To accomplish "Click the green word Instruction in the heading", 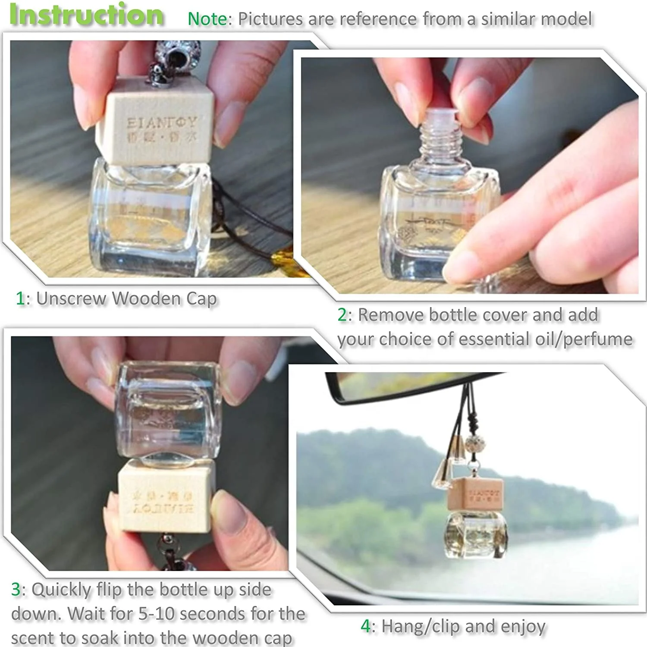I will tap(86, 15).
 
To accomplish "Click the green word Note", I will tap(207, 19).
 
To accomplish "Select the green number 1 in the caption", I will tap(20, 298).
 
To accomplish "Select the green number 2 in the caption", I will tap(342, 315).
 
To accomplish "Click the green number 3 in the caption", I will tap(16, 590).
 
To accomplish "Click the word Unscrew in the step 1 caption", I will tap(71, 298).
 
